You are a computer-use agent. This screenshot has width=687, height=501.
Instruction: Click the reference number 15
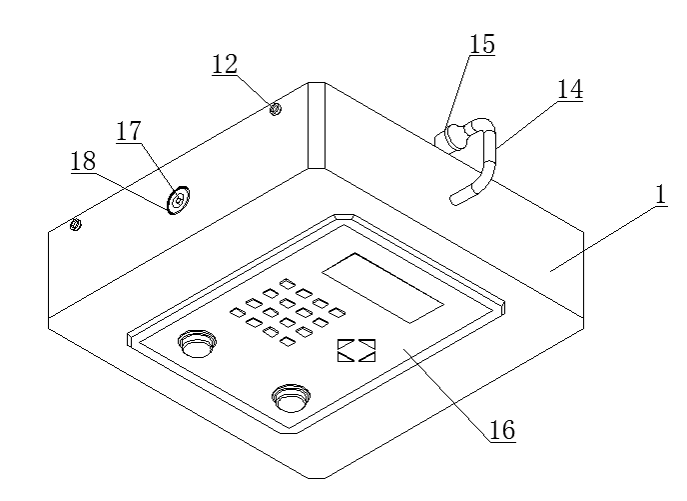coord(482,44)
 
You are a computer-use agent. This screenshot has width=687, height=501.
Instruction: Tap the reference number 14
coord(570,89)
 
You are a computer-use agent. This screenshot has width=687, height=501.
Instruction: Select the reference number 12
coord(225,64)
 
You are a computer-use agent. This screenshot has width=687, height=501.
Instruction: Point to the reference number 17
coord(129,131)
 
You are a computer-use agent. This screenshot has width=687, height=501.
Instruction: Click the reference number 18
coord(83,161)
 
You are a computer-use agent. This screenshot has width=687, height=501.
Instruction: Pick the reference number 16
coord(502,430)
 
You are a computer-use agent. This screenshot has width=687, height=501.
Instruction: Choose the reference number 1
coord(662,195)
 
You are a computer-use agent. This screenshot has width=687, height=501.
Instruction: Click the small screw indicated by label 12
coord(276,108)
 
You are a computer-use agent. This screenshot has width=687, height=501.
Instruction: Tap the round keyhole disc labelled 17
coord(179,200)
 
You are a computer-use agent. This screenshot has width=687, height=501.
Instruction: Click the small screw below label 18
coord(75,225)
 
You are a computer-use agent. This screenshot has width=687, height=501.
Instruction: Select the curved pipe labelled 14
coord(476,160)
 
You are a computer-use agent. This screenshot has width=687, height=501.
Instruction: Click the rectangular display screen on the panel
coord(382,288)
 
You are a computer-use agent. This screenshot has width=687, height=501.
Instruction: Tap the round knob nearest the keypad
coord(197,343)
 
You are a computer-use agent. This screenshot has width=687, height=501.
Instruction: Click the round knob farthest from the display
coord(291,398)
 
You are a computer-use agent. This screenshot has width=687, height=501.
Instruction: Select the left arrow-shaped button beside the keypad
coord(345,351)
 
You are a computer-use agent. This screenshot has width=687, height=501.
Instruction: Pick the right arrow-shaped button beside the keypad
coord(367,351)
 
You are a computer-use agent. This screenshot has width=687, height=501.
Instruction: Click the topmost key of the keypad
coord(287,284)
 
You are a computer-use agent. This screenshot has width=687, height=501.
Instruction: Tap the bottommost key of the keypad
coord(288,341)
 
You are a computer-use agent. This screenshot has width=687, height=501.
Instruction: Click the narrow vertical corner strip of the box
coord(317,125)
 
